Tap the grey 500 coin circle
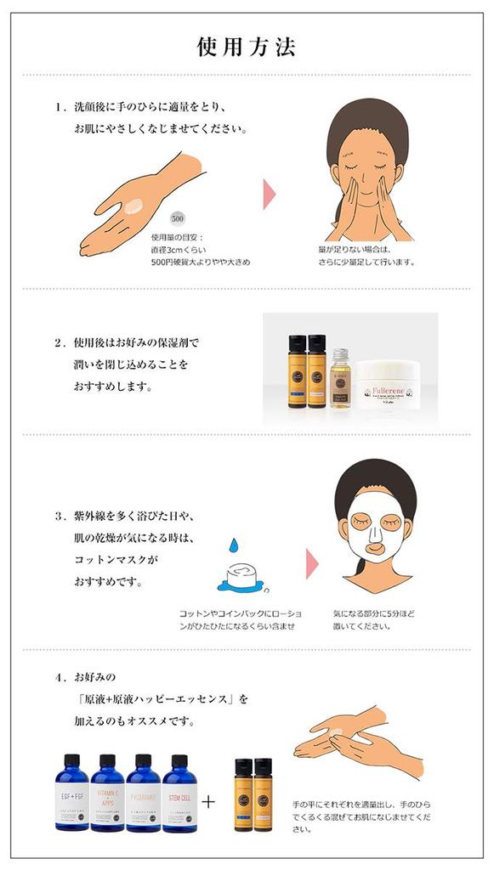coord(178,217)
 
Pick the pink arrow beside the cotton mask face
coord(312,564)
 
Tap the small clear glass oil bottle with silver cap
coord(339,377)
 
